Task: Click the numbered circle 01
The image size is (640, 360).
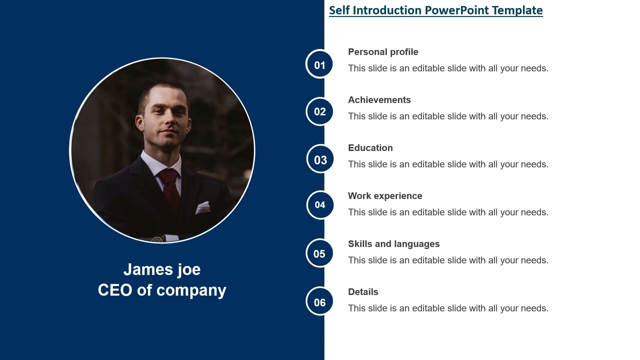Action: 319,64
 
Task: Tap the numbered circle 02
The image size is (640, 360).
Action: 319,111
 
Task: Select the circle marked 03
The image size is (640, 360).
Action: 320,159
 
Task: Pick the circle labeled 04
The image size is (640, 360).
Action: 320,204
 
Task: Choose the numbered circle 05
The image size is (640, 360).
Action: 319,253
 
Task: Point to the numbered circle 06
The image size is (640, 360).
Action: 319,301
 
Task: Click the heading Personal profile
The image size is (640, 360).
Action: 383,52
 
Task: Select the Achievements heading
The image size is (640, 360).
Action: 379,100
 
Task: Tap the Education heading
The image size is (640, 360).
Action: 370,148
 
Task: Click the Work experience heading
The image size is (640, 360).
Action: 385,196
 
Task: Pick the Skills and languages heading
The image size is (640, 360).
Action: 394,244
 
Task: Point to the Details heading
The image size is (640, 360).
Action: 363,292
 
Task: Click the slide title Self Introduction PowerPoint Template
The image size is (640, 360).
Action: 435,10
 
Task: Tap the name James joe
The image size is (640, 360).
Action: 162,269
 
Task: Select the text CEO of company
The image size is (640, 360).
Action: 162,290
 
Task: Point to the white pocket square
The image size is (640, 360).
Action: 202,207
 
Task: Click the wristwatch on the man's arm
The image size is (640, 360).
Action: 157,238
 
